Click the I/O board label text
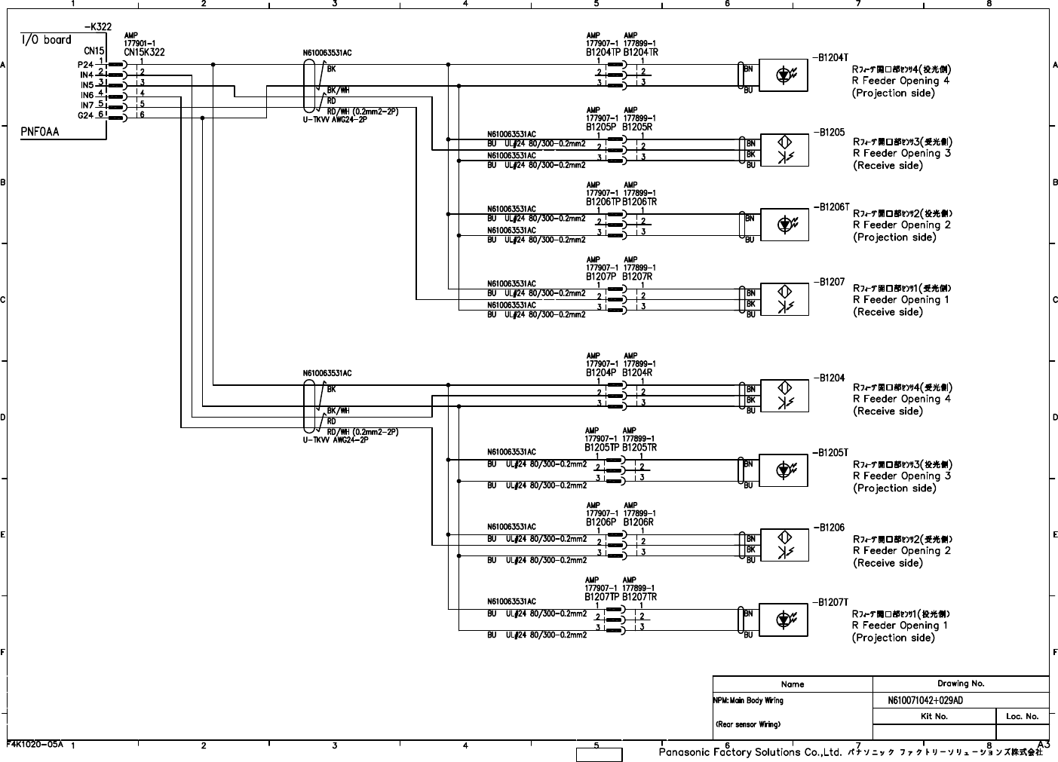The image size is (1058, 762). point(46,40)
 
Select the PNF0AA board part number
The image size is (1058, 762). point(40,132)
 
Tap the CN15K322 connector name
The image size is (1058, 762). point(144,53)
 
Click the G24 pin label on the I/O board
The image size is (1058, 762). point(85,115)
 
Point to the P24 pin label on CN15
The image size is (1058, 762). point(85,65)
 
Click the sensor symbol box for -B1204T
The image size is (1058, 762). point(784,75)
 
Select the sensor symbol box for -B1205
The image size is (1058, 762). point(784,150)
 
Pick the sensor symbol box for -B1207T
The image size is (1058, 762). point(784,620)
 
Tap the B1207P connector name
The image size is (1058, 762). point(601,277)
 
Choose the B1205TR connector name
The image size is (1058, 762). point(640,448)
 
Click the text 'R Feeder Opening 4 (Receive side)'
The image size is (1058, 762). point(902,399)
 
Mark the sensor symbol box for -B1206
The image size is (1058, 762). point(784,545)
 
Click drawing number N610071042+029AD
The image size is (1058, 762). point(925,700)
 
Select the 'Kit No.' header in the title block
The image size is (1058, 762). point(934,716)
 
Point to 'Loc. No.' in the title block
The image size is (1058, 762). point(1023,716)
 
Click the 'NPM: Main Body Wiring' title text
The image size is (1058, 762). point(748,700)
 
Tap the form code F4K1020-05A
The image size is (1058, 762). point(35,744)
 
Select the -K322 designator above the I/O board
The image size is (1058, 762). point(98,27)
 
